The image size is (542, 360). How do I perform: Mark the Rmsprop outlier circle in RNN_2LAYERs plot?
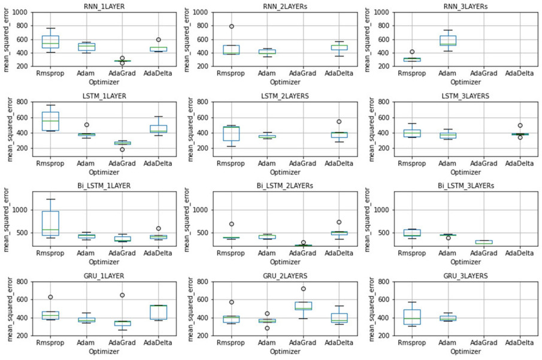coord(231,26)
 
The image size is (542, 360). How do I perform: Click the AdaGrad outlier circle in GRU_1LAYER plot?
coord(122,295)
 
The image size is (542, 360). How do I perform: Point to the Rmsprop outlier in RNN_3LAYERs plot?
coord(412,52)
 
